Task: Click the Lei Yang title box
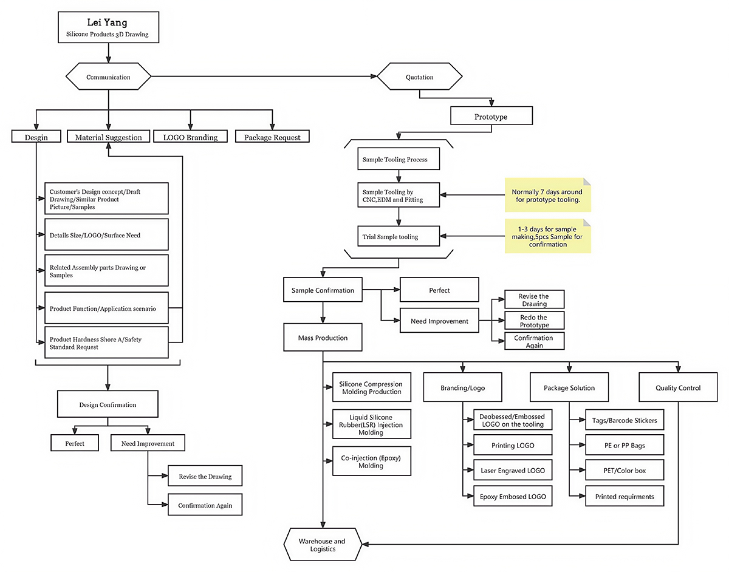coord(107,29)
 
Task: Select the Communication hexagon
coord(108,77)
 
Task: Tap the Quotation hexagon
coord(419,77)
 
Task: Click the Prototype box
coord(491,116)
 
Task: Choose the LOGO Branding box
coord(191,137)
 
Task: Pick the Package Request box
coord(272,137)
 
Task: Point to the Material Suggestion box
coord(108,137)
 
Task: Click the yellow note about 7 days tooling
coord(547,195)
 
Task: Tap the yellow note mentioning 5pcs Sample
coord(547,236)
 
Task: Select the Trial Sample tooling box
coord(398,236)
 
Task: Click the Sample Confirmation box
coord(323,290)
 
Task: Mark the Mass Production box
coord(323,337)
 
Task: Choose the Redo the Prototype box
coord(534,321)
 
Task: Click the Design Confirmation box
coord(108,404)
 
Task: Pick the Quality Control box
coord(678,387)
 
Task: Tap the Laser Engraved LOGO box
coord(513,470)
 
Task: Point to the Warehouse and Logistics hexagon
coord(322,545)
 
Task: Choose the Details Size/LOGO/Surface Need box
coord(106,234)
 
